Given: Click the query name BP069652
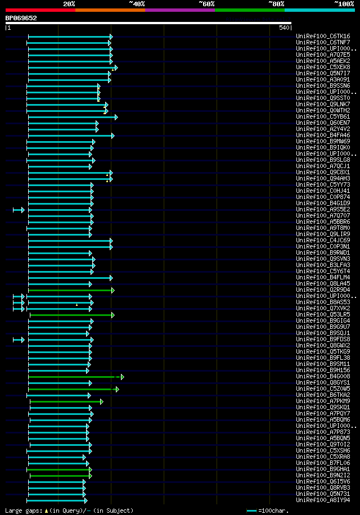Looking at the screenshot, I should click(x=21, y=18).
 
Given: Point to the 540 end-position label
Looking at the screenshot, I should click(x=283, y=28).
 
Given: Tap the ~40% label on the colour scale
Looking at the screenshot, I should click(x=137, y=3).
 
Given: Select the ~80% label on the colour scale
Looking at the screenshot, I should click(x=276, y=3).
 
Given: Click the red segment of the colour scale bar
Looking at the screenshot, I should click(x=40, y=10).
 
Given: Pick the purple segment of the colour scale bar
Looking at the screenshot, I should click(x=179, y=10).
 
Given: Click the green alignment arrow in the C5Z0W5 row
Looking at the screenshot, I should click(x=73, y=389).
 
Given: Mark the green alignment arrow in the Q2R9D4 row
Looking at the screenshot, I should click(x=71, y=290).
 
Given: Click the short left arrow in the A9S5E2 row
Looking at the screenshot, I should click(x=19, y=210).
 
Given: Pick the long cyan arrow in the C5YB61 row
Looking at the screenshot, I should click(x=73, y=117).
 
